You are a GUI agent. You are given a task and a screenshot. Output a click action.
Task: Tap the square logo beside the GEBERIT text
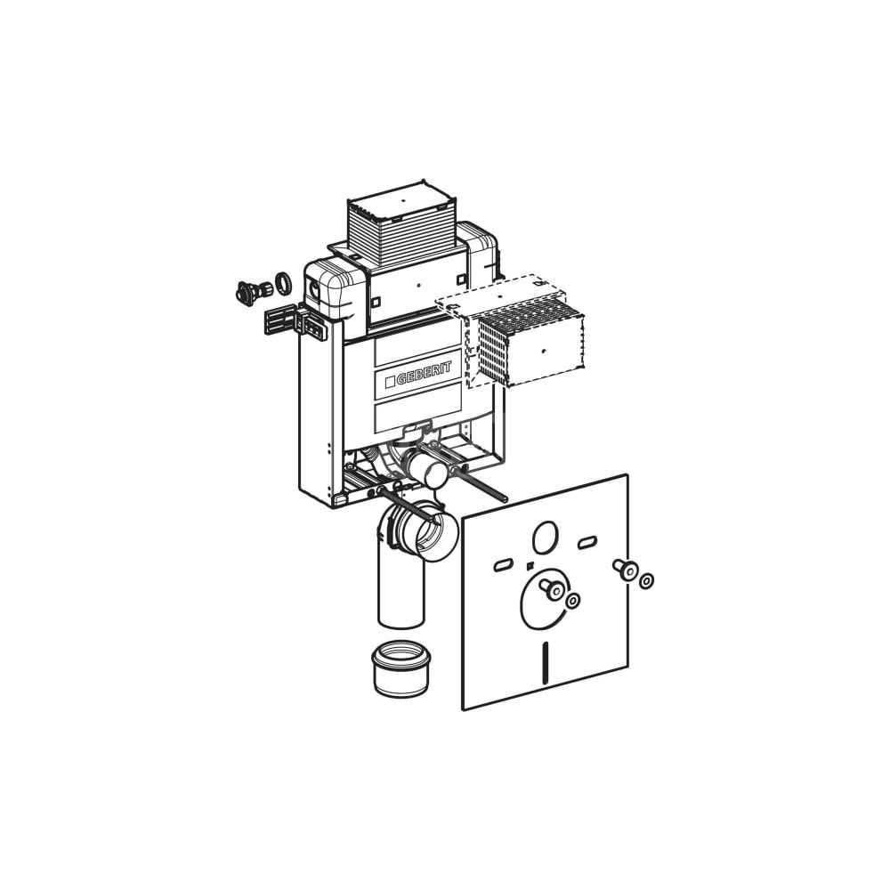390,382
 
